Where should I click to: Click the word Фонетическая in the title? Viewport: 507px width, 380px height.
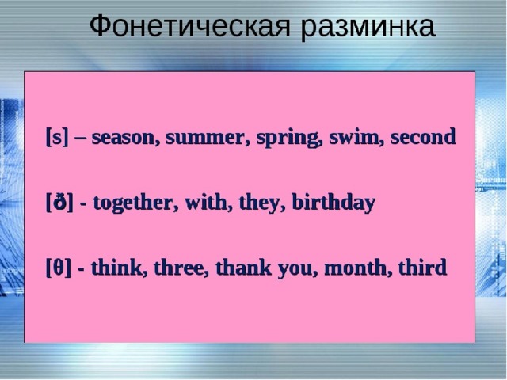pyautogui.click(x=190, y=26)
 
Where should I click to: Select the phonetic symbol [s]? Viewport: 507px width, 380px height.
pyautogui.click(x=57, y=137)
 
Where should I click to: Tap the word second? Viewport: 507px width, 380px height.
pyautogui.click(x=423, y=136)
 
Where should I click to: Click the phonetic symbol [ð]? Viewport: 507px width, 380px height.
pyautogui.click(x=59, y=203)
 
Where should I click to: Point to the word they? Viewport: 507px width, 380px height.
pyautogui.click(x=262, y=203)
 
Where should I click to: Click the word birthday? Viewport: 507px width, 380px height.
pyautogui.click(x=334, y=203)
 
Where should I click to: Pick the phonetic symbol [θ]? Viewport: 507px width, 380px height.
pyautogui.click(x=58, y=268)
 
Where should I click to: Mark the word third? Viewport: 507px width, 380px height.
pyautogui.click(x=422, y=268)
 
